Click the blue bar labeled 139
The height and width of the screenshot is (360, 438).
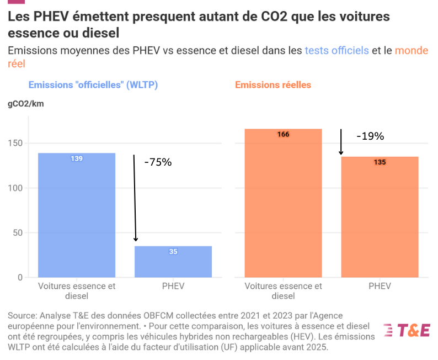pyautogui.click(x=77, y=215)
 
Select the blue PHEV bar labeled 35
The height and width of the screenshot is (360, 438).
pyautogui.click(x=173, y=262)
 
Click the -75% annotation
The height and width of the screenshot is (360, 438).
pyautogui.click(x=158, y=162)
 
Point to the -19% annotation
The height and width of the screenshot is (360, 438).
pyautogui.click(x=370, y=136)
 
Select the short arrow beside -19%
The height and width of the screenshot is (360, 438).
pyautogui.click(x=341, y=142)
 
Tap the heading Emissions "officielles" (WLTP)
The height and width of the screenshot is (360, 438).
pyautogui.click(x=93, y=85)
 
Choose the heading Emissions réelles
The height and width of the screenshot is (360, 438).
pyautogui.click(x=273, y=85)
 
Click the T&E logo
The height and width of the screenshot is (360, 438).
pyautogui.click(x=407, y=330)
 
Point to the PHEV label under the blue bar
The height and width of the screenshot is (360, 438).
pyautogui.click(x=173, y=286)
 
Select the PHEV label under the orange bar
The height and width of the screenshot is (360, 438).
pyautogui.click(x=380, y=286)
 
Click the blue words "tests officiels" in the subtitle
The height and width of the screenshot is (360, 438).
pyautogui.click(x=336, y=51)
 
